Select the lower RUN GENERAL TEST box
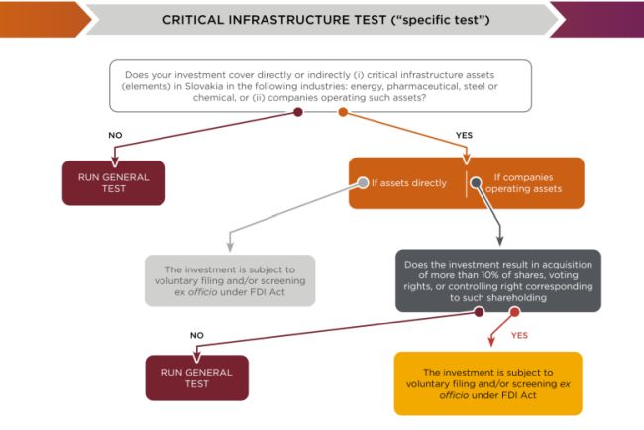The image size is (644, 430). point(196,377)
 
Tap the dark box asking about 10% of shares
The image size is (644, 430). point(497,279)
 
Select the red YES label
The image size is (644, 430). point(519,335)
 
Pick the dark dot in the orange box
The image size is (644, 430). point(476,182)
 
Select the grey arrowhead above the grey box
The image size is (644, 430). point(230,245)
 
